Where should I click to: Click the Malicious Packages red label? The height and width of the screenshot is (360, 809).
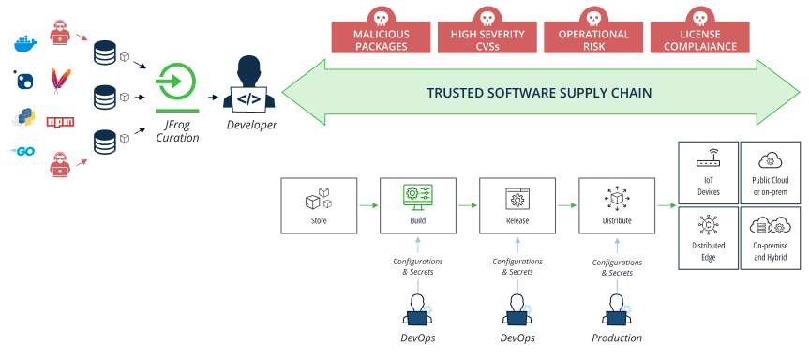(x=381, y=39)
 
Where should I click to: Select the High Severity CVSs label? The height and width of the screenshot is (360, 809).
(x=487, y=39)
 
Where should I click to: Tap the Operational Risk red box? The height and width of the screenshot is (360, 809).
(x=593, y=39)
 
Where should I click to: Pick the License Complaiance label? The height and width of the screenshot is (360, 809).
(x=699, y=39)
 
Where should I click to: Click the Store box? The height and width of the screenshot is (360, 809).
(x=319, y=205)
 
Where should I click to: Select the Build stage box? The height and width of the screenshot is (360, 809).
(x=417, y=205)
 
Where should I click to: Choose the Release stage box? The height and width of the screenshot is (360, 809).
(x=517, y=205)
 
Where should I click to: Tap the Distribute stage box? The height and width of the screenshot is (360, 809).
(x=616, y=205)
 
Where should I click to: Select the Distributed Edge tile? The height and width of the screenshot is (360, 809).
(x=708, y=237)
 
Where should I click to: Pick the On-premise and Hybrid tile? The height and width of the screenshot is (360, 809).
(x=772, y=237)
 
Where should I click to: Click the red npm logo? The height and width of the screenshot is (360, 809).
(x=61, y=122)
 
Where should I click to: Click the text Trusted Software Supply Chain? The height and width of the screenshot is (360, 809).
(x=538, y=94)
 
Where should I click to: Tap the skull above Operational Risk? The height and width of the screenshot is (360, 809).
(x=593, y=16)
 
